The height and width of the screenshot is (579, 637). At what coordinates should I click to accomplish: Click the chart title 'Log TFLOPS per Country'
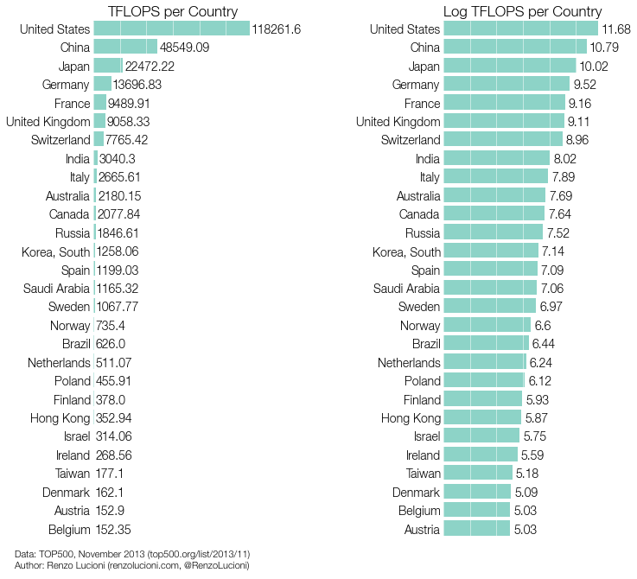(x=522, y=11)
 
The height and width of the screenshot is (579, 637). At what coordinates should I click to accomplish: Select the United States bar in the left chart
(x=171, y=29)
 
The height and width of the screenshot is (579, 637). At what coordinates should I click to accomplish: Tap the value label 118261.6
(x=277, y=29)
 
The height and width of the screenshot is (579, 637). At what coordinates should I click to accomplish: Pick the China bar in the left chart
(x=125, y=48)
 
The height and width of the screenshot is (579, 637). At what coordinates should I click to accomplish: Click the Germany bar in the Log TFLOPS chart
(x=506, y=85)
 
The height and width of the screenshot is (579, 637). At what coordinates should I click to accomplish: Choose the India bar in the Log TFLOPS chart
(x=497, y=159)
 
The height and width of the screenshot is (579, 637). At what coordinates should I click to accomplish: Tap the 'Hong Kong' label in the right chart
(x=411, y=418)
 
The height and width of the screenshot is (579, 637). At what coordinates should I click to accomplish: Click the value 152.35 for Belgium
(x=113, y=530)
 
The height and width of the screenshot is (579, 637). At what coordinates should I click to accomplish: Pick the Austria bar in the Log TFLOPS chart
(x=477, y=530)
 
